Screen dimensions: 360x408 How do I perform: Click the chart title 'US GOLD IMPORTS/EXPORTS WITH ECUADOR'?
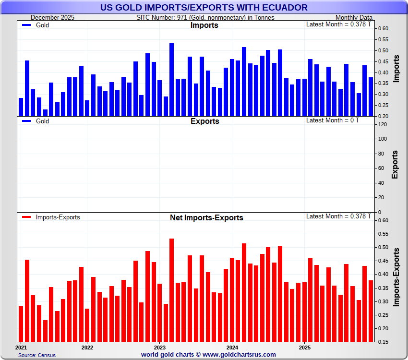[204, 7]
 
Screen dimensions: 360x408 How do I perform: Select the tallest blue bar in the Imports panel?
[171, 80]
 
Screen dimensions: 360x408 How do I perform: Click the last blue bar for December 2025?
[371, 96]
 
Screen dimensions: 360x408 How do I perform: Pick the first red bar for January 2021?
[21, 324]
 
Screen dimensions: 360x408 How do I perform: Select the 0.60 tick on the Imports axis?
[383, 28]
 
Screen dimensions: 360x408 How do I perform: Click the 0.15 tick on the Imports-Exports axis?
[383, 342]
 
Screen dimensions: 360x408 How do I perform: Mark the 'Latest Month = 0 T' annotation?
[332, 120]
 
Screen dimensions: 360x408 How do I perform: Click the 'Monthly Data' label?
[354, 17]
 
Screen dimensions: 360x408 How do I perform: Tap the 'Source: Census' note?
[37, 355]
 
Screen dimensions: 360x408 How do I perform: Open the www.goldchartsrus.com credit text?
[208, 354]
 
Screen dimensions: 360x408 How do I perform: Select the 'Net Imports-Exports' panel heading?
[206, 217]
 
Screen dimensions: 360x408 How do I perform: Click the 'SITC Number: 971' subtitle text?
[205, 17]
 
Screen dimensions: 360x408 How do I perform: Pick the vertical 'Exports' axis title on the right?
[395, 164]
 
